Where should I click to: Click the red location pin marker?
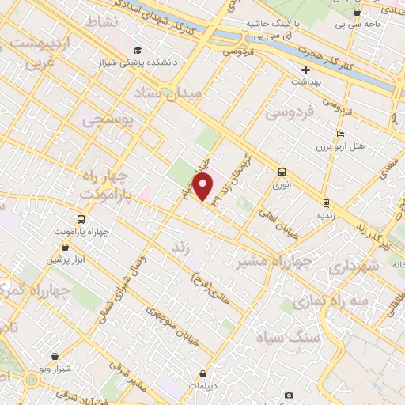click(x=203, y=187)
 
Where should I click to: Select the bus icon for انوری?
click(x=281, y=172)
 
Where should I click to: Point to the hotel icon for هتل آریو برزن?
click(x=340, y=134)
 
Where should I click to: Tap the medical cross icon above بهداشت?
click(x=305, y=70)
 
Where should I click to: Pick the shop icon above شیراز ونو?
click(x=54, y=358)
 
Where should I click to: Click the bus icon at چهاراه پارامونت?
click(x=81, y=219)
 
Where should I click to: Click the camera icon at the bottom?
click(x=289, y=395)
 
